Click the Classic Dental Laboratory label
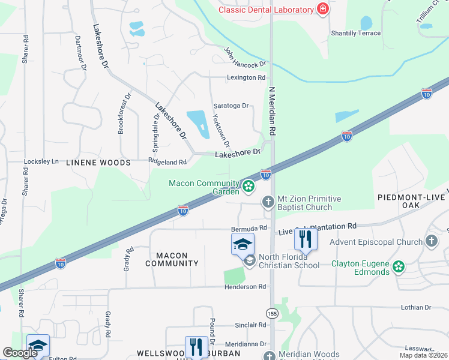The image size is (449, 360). [x=266, y=10]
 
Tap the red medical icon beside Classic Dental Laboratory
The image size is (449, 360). [x=323, y=9]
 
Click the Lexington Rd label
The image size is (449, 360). [x=246, y=77]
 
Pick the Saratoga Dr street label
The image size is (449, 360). [x=231, y=106]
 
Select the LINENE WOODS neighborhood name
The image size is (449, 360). [x=98, y=163]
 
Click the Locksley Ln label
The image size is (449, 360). [x=41, y=161]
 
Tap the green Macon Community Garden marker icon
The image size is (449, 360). [x=248, y=187]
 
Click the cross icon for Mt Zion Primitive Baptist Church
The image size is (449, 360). [x=268, y=203]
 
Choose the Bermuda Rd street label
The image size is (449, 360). [x=249, y=229]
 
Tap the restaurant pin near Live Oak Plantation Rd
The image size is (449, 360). [x=306, y=239]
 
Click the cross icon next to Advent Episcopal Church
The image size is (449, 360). [x=430, y=242]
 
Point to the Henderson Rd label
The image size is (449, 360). [x=245, y=287]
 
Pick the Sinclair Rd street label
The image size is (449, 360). [x=250, y=325]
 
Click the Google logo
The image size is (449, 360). [x=20, y=353]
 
